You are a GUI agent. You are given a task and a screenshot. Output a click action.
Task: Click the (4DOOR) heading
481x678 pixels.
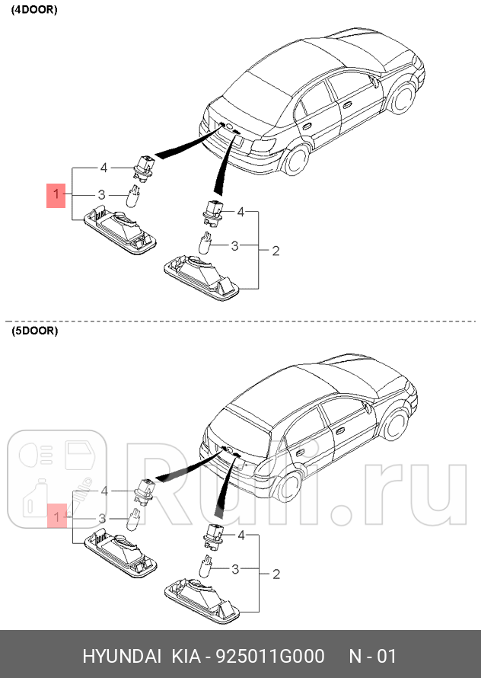click(x=34, y=11)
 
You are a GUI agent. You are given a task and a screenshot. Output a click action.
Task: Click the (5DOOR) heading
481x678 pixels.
click(x=34, y=331)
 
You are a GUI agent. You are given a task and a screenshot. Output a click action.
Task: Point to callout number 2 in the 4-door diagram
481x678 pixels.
click(x=276, y=251)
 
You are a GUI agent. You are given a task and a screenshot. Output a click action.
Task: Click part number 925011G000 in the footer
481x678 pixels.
click(x=271, y=657)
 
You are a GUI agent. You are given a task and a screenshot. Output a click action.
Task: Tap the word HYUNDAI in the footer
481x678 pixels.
click(x=122, y=657)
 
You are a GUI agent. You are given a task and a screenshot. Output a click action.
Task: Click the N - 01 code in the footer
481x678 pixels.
click(x=372, y=657)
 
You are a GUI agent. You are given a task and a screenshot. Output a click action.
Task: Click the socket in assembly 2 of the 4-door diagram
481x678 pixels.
click(x=212, y=211)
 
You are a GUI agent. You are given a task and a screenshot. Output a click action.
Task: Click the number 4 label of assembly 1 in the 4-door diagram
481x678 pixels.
click(x=104, y=167)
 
